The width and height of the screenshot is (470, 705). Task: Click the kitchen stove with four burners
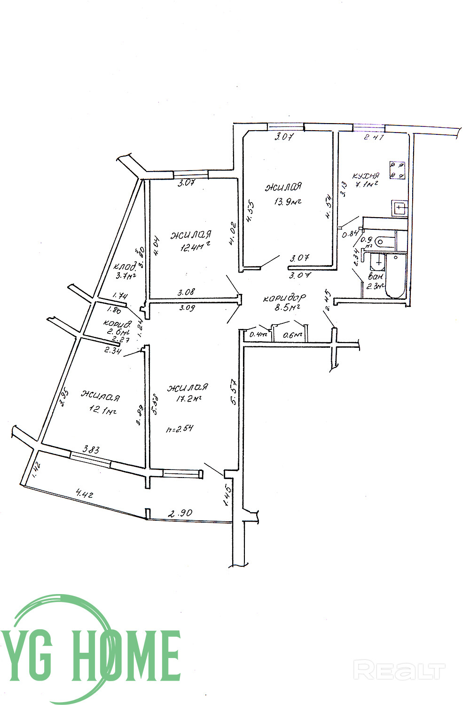(397, 170)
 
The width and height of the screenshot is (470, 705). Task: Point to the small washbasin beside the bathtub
(377, 261)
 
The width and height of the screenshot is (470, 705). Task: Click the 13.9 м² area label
(287, 202)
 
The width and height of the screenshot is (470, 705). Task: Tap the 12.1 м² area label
(103, 411)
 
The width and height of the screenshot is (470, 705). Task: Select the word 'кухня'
(366, 176)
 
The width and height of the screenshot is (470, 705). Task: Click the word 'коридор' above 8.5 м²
(284, 298)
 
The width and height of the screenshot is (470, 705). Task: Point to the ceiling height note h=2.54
(180, 429)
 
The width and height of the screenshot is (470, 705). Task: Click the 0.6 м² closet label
(292, 335)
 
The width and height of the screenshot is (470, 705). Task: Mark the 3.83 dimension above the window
(91, 449)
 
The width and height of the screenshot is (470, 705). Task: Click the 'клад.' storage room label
(124, 266)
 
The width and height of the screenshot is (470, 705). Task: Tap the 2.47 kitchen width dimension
(375, 138)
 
